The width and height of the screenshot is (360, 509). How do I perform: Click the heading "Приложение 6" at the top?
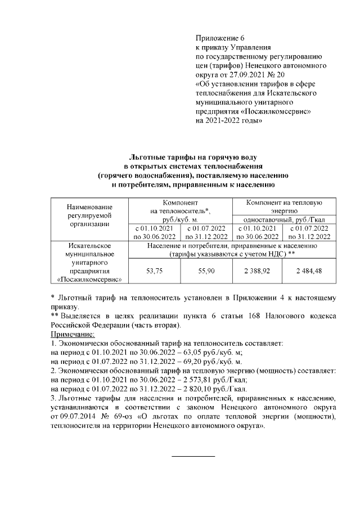220,38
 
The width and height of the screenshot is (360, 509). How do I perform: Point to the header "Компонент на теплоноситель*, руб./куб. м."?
180,210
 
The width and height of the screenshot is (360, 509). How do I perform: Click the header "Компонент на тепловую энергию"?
283,205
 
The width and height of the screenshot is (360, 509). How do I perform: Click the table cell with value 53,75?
154,271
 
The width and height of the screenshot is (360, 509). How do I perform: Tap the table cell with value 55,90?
206,271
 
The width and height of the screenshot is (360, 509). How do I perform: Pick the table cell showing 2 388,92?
258,271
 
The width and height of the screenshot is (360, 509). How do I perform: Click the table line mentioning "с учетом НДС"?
232,254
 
